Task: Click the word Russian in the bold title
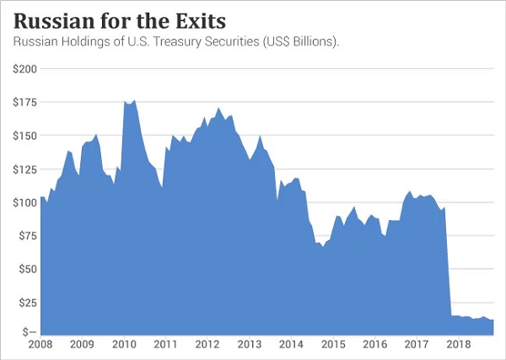coord(52,19)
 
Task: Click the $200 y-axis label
coord(24,68)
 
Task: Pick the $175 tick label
coord(24,103)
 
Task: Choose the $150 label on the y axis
coord(24,136)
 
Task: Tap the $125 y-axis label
coord(24,169)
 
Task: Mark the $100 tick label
coord(24,202)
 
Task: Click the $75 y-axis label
coord(26,235)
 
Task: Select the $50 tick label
coord(26,269)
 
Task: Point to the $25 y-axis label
coord(26,302)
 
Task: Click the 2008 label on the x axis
coord(40,345)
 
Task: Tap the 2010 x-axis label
coord(124,345)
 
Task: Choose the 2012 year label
coord(207,345)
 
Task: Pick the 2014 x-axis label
coord(291,345)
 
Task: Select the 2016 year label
coord(374,345)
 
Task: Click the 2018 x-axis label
coord(458,345)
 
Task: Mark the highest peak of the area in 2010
coord(134,100)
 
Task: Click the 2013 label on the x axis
coord(249,345)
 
